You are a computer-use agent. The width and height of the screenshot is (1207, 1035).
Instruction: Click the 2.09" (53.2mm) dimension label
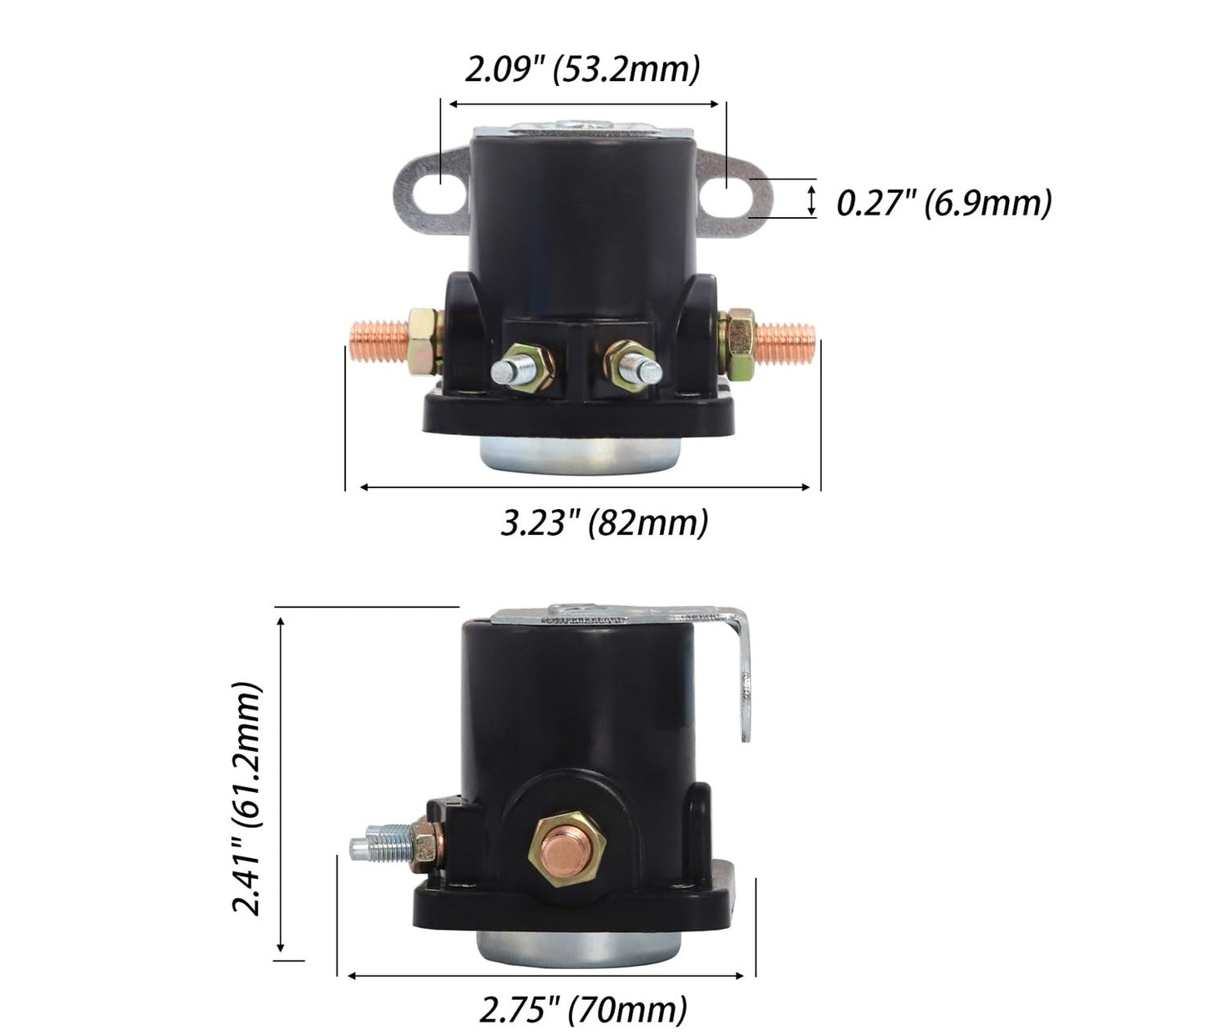point(582,70)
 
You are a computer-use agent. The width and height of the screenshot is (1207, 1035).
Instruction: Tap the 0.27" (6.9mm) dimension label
point(944,204)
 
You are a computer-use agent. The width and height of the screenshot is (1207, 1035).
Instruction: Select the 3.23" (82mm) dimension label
point(605,523)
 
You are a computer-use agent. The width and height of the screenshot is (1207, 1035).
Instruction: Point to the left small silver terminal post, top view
point(512,370)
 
